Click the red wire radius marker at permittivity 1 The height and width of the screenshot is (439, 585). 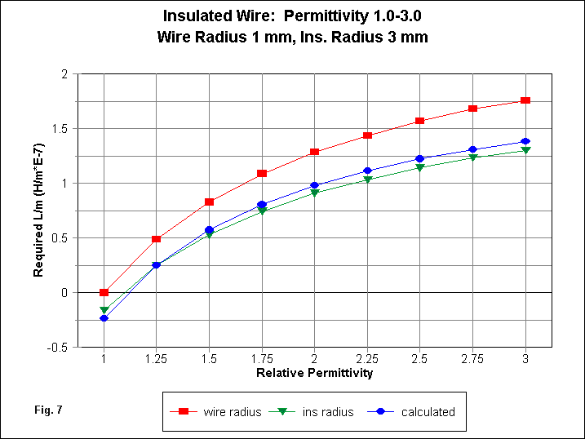click(104, 292)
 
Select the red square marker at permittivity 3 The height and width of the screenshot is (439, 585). click(525, 100)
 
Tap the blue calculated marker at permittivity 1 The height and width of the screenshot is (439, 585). click(104, 318)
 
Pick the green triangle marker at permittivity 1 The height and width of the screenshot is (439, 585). click(104, 310)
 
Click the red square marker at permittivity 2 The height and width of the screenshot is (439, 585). click(314, 152)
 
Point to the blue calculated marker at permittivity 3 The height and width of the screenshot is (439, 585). click(525, 142)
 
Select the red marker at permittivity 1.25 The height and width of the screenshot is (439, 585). click(157, 239)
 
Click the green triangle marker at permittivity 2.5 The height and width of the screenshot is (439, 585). click(419, 168)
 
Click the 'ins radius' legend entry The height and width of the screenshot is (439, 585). click(326, 412)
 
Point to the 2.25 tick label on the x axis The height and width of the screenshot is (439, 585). click(367, 359)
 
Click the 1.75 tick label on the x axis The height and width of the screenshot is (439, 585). click(262, 359)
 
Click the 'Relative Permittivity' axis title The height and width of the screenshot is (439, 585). click(314, 373)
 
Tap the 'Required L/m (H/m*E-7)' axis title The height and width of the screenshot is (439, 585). click(38, 211)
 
